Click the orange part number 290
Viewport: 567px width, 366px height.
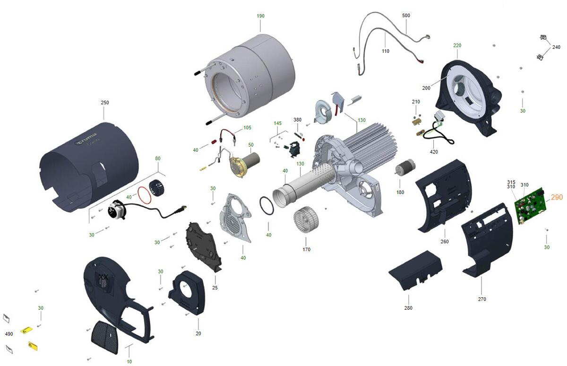pos(557,197)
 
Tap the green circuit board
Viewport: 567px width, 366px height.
pos(531,205)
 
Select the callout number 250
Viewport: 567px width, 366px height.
pos(105,103)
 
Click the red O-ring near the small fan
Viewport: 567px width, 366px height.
pos(144,195)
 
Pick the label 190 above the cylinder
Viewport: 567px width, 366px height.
pos(260,16)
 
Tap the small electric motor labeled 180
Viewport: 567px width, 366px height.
pos(405,166)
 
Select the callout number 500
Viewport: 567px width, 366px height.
pos(406,16)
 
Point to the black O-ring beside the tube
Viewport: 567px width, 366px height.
pos(266,205)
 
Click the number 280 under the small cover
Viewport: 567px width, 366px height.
pos(408,308)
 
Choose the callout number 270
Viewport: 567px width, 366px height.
pos(482,299)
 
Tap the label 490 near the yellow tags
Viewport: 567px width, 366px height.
pos(9,334)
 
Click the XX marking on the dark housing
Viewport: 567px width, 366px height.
pos(103,277)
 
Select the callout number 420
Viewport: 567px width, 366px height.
pos(434,152)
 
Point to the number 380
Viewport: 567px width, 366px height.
pos(297,120)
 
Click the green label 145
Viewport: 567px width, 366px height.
pos(278,123)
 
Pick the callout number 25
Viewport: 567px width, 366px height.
pos(215,288)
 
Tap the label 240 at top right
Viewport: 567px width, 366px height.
pos(557,47)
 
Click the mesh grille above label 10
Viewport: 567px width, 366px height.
pos(104,337)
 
